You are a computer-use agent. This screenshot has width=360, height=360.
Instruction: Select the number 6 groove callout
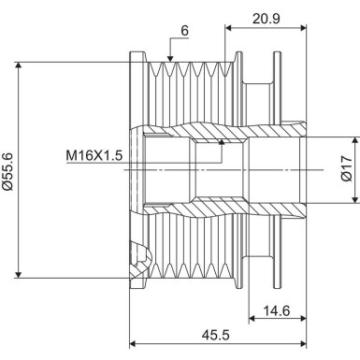184,30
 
